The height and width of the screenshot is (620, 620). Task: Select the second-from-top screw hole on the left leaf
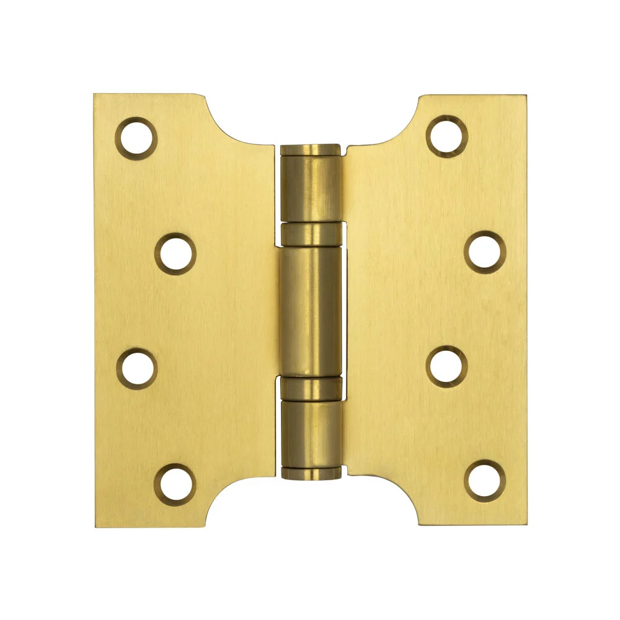pos(175,253)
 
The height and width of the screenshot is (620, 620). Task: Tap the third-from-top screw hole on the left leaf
pos(136,370)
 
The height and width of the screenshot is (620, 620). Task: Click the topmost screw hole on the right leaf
pos(446,136)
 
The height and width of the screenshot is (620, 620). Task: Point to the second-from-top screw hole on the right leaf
pos(485,252)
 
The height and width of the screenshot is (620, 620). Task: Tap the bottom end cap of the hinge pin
pos(310,474)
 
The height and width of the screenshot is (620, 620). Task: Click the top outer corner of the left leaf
pos(95,95)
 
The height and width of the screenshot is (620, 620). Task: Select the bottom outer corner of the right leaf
pos(525,524)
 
